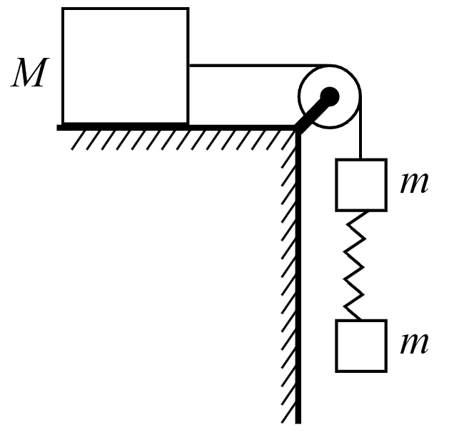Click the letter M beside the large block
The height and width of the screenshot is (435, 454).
pos(30,72)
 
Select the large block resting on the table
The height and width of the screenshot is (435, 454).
pos(126,66)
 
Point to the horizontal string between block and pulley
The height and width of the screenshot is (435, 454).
pos(259,66)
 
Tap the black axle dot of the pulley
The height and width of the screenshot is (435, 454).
pos(330,96)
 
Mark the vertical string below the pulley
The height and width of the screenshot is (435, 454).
pos(360,128)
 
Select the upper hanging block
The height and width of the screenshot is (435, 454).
pos(361,185)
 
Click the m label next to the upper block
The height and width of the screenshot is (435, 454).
pos(414,183)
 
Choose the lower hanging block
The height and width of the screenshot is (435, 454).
pos(361,346)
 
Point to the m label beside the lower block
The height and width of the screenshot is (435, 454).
pos(414,344)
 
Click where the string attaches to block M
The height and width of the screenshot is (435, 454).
pos(190,66)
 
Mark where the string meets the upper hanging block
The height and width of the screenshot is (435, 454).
pos(360,159)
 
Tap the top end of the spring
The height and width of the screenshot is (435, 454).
pos(368,212)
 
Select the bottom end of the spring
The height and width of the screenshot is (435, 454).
pos(360,320)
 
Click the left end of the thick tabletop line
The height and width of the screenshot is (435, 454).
pos(57,128)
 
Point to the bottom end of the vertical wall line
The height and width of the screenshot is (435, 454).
pos(298,424)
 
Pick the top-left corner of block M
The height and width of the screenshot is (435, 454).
pos(62,8)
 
